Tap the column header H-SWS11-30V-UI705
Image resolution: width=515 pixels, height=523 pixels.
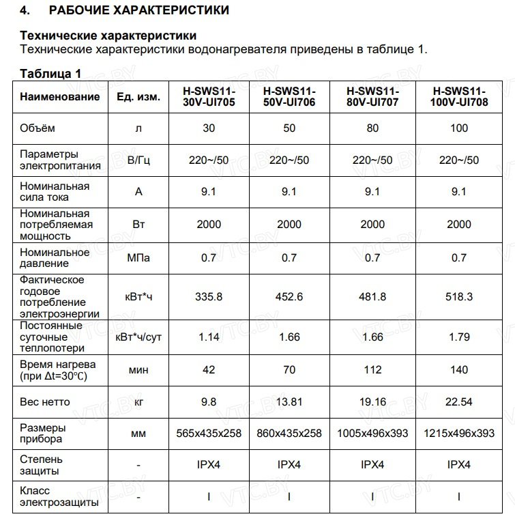click(209, 97)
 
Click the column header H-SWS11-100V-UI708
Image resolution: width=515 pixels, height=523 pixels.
click(459, 97)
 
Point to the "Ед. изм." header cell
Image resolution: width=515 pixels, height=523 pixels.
click(138, 97)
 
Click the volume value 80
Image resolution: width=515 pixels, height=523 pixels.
click(372, 128)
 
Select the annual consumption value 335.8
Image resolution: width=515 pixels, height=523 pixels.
click(209, 296)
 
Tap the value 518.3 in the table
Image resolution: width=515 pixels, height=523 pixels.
click(459, 296)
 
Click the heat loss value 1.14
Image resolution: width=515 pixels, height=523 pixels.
click(209, 336)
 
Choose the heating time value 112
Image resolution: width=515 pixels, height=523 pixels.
click(372, 369)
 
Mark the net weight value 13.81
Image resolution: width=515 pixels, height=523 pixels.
click(289, 402)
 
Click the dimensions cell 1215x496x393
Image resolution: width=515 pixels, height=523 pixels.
click(459, 433)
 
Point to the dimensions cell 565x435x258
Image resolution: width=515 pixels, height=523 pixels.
click(209, 433)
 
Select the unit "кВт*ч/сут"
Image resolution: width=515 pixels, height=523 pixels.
click(138, 336)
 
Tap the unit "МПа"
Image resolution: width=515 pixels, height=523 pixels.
click(138, 258)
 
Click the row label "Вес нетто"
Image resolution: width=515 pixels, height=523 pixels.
click(44, 402)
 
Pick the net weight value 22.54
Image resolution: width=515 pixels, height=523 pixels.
click(459, 402)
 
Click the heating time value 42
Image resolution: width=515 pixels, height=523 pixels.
click(209, 369)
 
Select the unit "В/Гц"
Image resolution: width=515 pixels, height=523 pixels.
click(138, 160)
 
